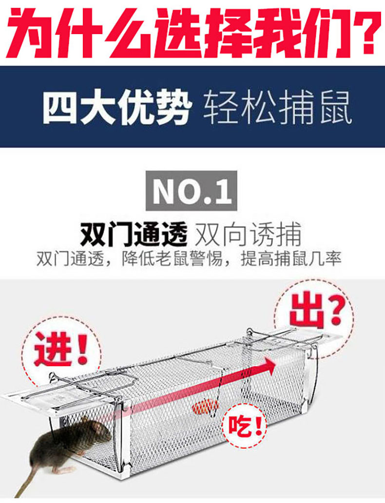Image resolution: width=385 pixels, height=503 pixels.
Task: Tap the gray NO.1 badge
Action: point(192,190)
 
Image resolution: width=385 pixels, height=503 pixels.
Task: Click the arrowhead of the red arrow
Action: point(268,366)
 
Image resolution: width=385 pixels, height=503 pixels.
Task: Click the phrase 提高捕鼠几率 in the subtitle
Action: point(291,259)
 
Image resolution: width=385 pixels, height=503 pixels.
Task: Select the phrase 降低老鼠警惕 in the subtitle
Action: point(172,259)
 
